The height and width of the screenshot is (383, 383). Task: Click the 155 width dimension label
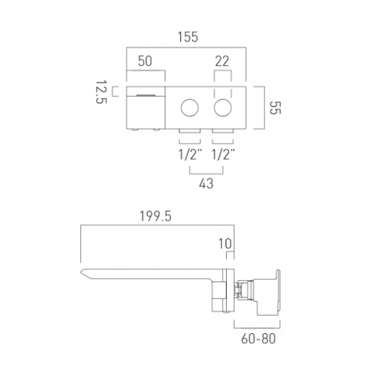tap(188, 37)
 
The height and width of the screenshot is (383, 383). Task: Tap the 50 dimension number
tap(145, 61)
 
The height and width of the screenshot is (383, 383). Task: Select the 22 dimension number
tap(222, 61)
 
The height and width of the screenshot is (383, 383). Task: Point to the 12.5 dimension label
tap(101, 92)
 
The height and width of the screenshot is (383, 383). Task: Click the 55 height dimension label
tap(275, 108)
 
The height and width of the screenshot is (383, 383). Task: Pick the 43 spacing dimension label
tap(206, 183)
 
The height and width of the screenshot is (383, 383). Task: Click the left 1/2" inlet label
tap(190, 154)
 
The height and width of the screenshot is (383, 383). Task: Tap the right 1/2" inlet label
tap(224, 154)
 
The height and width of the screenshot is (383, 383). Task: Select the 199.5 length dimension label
tap(155, 217)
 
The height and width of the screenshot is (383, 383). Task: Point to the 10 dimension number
tap(225, 244)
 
